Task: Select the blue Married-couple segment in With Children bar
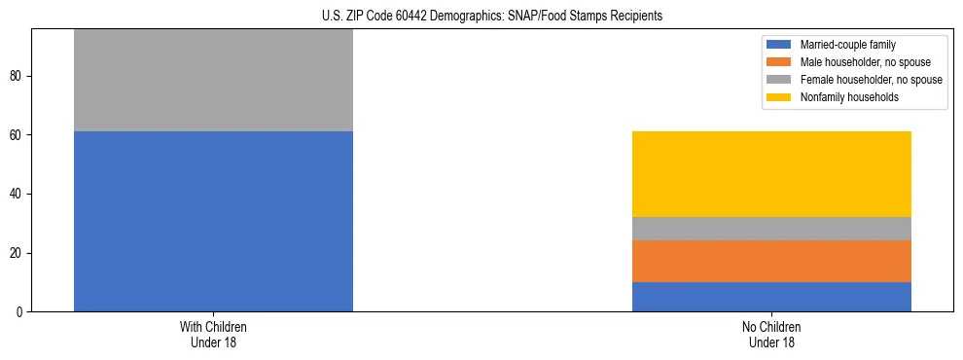[x=213, y=221]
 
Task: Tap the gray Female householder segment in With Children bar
[x=213, y=81]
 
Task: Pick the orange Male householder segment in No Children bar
[x=771, y=261]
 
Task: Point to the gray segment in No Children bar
[x=771, y=229]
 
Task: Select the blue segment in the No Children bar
[x=771, y=297]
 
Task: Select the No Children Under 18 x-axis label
[x=771, y=335]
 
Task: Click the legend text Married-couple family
[x=848, y=45]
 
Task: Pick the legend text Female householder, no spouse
[x=871, y=80]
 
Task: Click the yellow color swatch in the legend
[x=779, y=97]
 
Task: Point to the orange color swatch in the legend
[x=779, y=62]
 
